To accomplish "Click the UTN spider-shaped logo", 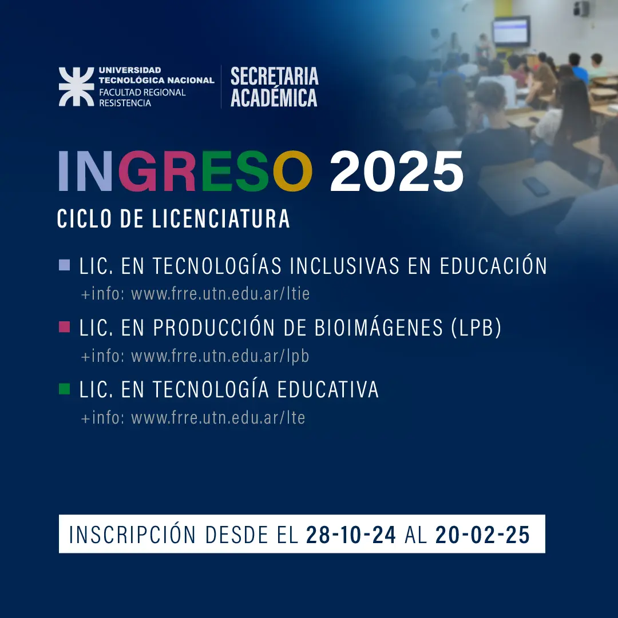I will click(x=76, y=87).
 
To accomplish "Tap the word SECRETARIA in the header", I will click(x=274, y=76).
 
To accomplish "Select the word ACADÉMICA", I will click(x=274, y=97).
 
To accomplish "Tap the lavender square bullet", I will click(x=65, y=265).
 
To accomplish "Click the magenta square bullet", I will click(x=65, y=327).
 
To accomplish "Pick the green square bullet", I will click(x=65, y=389).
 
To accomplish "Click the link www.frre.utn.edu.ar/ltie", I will click(x=220, y=294).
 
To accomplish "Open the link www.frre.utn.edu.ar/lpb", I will click(x=220, y=356).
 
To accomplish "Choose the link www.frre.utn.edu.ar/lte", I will click(x=218, y=418).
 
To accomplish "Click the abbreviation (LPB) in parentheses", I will click(x=476, y=328).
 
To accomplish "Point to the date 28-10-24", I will click(x=351, y=535).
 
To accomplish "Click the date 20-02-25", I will click(x=482, y=535).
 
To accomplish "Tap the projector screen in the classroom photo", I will click(x=511, y=31).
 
